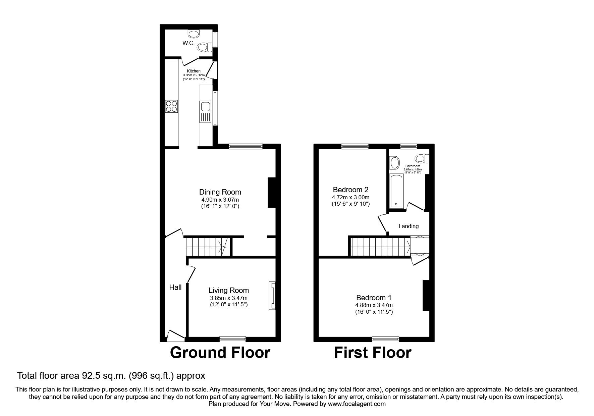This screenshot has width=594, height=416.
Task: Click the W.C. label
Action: (x=188, y=43)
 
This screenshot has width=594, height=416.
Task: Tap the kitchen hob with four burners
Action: (x=171, y=106)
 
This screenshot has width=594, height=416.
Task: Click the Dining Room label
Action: (x=220, y=192)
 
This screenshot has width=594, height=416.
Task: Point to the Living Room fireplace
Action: (x=272, y=295)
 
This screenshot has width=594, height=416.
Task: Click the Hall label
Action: (x=175, y=287)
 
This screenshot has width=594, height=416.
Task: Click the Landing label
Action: (x=409, y=226)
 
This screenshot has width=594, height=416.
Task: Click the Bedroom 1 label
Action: (x=374, y=298)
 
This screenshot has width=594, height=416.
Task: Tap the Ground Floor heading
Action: (x=220, y=353)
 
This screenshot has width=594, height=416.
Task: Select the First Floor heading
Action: (x=373, y=353)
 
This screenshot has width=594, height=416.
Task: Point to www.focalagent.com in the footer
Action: (x=357, y=404)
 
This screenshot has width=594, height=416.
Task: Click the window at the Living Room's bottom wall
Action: (x=232, y=339)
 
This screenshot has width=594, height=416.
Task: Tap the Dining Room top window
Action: (x=246, y=146)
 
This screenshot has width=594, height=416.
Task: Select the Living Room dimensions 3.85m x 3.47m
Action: (x=229, y=298)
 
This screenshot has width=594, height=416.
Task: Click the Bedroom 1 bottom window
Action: (x=385, y=339)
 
